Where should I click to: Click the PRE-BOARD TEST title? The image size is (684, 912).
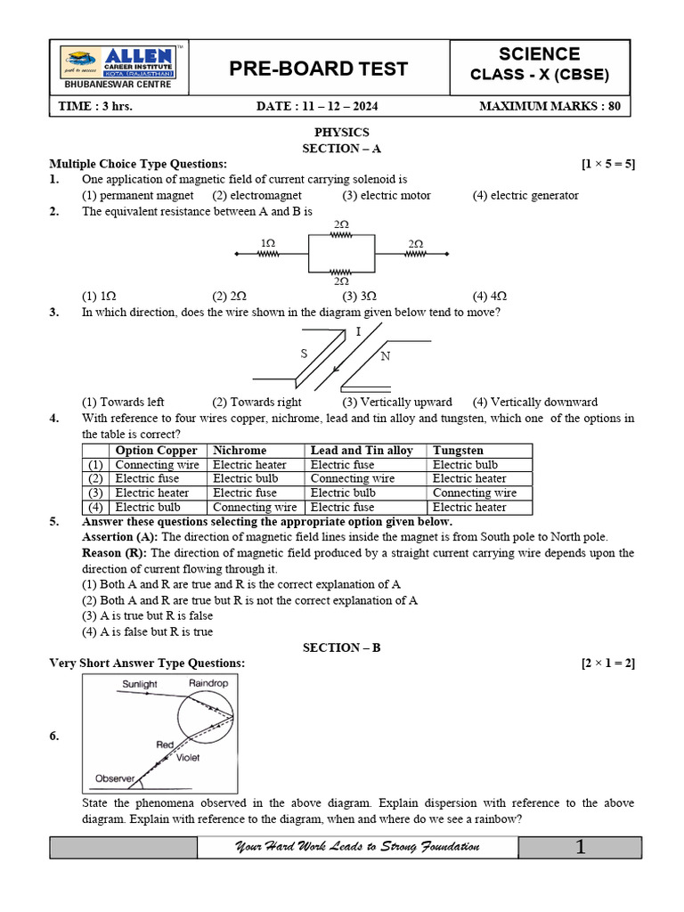pos(319,69)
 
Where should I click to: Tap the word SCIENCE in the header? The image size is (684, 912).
pos(539,53)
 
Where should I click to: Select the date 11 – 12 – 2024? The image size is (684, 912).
pos(317,106)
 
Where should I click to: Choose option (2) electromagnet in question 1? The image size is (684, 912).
pos(256,195)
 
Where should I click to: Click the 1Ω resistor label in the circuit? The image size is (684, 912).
pos(267,242)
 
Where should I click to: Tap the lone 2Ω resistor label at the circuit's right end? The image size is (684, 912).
pos(416,242)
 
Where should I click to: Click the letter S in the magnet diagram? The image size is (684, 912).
pos(303,354)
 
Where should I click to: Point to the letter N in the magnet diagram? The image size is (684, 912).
pos(385,356)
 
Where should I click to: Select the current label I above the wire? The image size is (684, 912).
pos(358,331)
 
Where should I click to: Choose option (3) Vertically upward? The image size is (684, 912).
pos(396,402)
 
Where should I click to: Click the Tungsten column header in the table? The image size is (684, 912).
pos(460,451)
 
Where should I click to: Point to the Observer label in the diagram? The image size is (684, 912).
pos(115,778)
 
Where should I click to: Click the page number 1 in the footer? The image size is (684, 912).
pos(580,847)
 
